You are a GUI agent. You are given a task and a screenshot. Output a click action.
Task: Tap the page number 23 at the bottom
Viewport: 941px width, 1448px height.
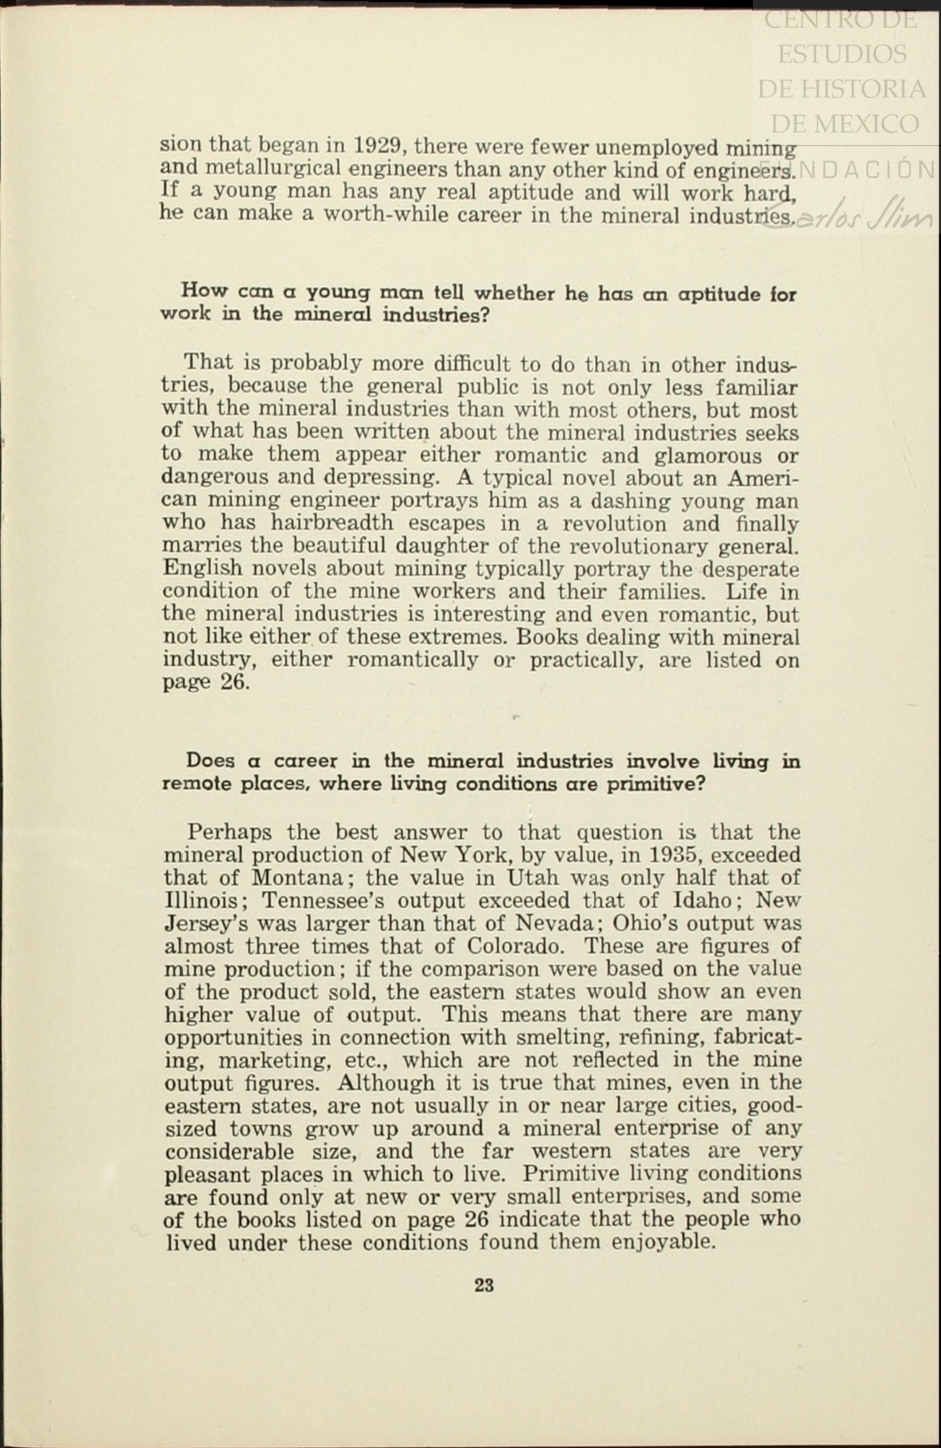pos(484,1285)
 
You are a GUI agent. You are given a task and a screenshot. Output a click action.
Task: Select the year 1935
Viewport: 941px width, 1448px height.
pos(669,855)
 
